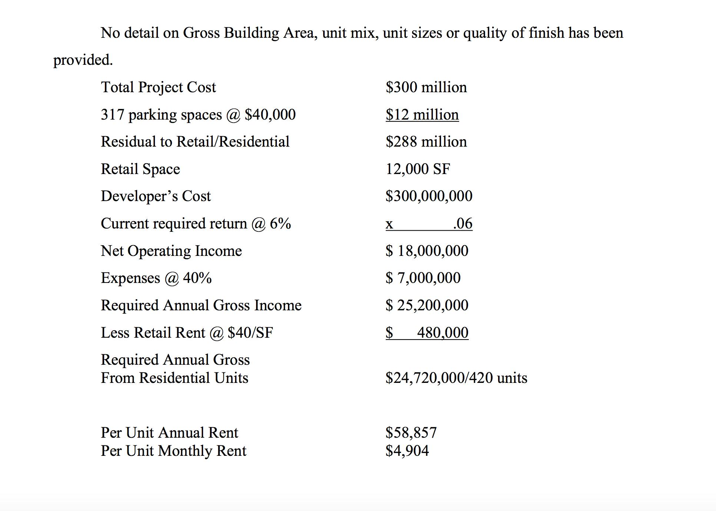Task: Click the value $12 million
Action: [x=422, y=115]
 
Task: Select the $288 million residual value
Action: [x=426, y=142]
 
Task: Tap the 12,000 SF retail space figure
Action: [x=418, y=169]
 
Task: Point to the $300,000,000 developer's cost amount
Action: [x=429, y=196]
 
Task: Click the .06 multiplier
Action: [x=463, y=224]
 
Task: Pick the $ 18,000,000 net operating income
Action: [x=427, y=251]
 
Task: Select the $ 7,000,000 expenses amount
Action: [x=423, y=278]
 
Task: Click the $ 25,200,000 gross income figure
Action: [x=427, y=305]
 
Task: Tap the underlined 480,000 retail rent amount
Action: [x=442, y=333]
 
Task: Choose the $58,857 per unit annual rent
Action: [x=411, y=432]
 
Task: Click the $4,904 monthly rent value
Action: [x=407, y=451]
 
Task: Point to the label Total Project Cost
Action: [x=158, y=87]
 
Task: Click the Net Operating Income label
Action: [x=171, y=251]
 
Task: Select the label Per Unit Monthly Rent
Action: [x=173, y=451]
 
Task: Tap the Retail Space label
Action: [x=140, y=169]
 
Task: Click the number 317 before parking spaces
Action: [x=112, y=115]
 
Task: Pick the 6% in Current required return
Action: [x=280, y=224]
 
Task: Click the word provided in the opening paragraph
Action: [x=83, y=60]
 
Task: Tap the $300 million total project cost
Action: [x=426, y=87]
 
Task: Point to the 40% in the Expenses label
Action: [x=197, y=278]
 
